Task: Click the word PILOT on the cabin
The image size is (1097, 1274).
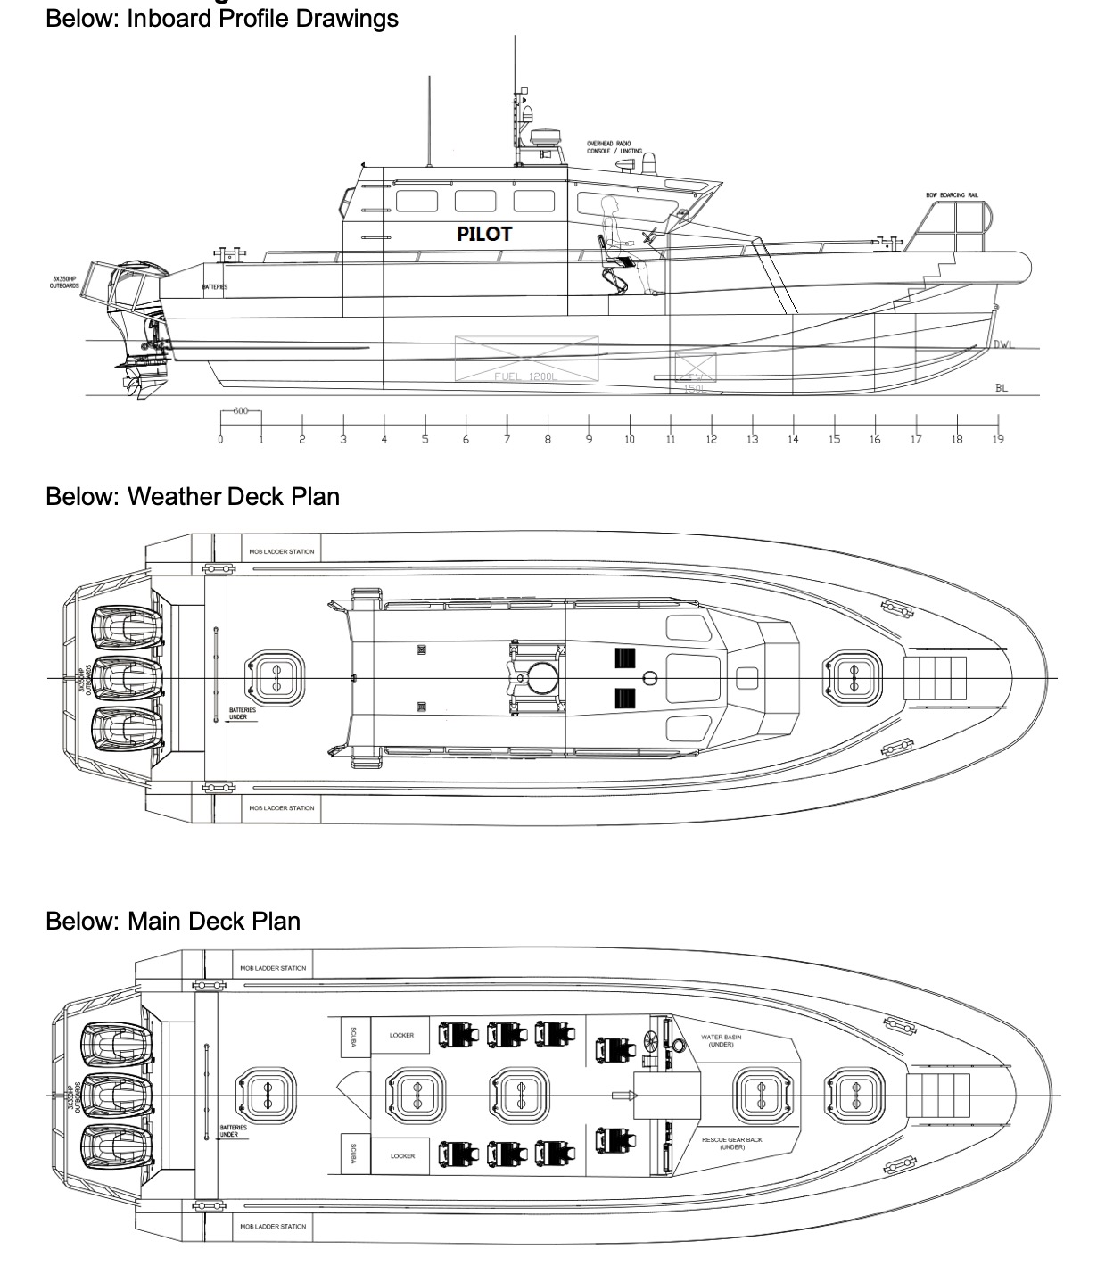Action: click(484, 234)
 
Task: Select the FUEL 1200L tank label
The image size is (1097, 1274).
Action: click(526, 376)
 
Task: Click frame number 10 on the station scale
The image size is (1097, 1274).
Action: click(630, 439)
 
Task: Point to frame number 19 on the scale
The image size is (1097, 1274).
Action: click(998, 439)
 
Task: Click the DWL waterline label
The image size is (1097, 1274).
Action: click(1004, 344)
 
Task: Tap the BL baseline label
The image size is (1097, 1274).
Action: click(1001, 388)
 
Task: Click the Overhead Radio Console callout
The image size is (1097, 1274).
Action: click(614, 147)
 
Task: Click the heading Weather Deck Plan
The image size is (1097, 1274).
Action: click(193, 496)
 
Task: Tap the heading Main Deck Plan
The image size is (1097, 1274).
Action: click(173, 921)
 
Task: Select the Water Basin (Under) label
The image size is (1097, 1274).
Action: click(721, 1040)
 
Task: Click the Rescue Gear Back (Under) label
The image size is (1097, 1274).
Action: click(731, 1143)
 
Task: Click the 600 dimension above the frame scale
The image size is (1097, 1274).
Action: click(240, 410)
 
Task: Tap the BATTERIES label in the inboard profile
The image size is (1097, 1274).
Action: click(214, 287)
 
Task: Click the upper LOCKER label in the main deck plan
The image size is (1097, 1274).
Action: click(401, 1036)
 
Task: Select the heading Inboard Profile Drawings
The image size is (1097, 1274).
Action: click(222, 18)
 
